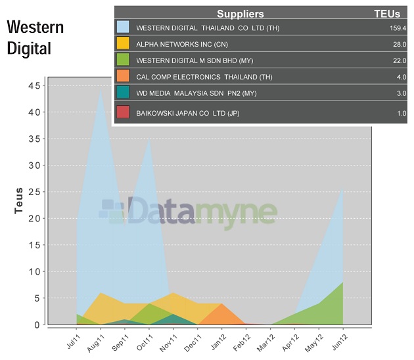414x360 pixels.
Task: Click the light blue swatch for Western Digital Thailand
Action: pos(123,28)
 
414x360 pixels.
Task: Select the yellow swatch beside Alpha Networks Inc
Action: pos(123,43)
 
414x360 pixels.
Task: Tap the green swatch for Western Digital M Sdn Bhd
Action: pos(123,60)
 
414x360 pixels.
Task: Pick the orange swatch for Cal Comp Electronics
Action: pos(123,77)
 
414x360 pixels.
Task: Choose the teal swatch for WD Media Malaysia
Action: pos(123,93)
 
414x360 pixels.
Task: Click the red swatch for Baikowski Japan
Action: pos(123,112)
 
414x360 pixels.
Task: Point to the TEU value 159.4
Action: pos(398,28)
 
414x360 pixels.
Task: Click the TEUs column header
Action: pos(387,14)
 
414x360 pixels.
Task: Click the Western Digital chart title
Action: pos(35,38)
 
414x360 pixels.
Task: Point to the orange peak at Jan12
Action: pos(221,304)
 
